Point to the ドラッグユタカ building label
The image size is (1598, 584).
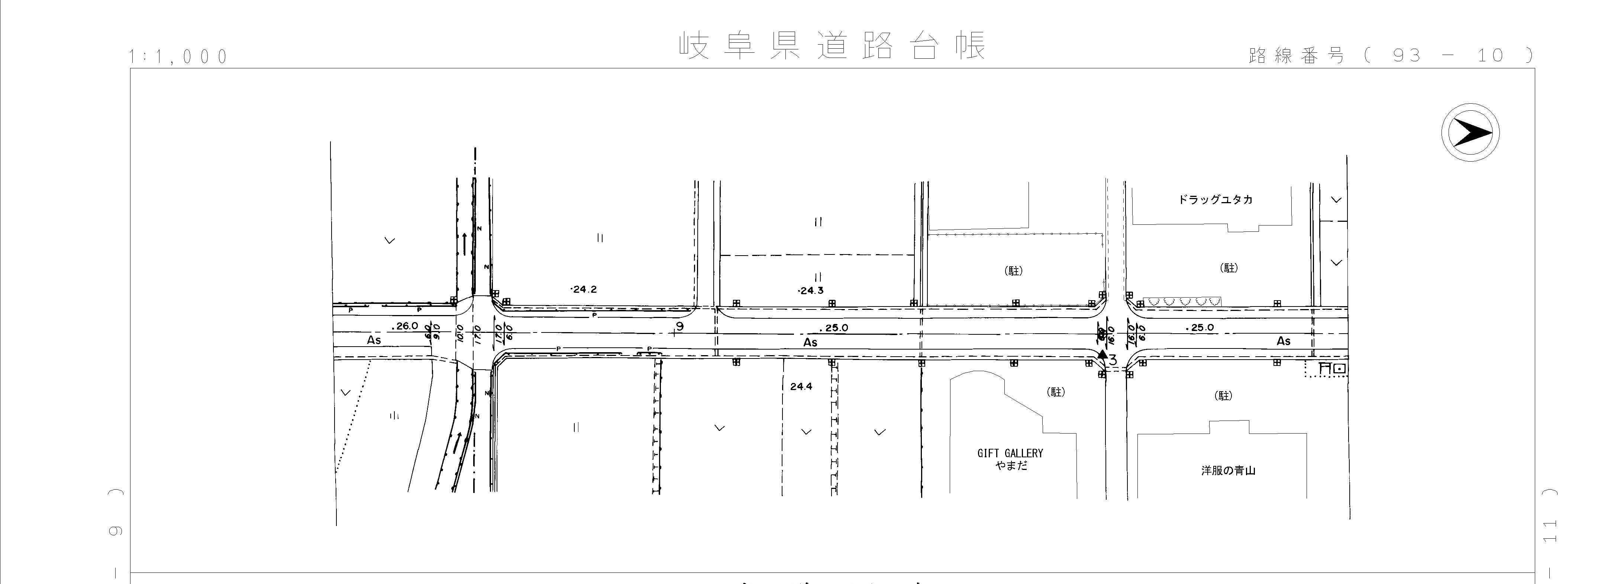[x=1215, y=199]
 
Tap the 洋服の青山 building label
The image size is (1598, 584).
[x=1228, y=471]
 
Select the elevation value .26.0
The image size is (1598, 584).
[x=406, y=325]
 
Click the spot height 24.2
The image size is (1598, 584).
[x=583, y=289]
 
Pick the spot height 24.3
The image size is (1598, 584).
[x=810, y=290]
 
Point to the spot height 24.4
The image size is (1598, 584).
[x=801, y=386]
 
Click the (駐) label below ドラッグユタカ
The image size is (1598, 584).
[x=1229, y=268]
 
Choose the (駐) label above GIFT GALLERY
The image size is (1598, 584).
[x=1056, y=392]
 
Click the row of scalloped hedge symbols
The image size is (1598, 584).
[x=1182, y=301]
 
